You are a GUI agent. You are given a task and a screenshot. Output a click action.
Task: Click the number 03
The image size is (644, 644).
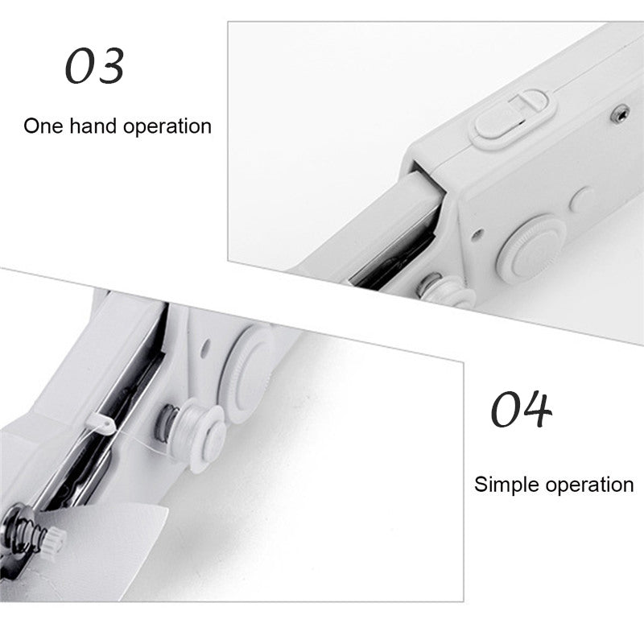click(94, 66)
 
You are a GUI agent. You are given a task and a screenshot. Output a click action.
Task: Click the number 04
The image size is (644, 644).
click(521, 408)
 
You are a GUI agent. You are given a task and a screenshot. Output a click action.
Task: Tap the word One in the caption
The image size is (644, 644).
click(43, 126)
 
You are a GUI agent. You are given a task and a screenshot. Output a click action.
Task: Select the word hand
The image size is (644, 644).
click(93, 126)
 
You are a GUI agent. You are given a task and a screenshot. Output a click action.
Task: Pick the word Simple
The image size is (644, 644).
click(507, 485)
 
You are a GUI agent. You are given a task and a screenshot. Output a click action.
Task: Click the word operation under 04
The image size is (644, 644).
click(590, 485)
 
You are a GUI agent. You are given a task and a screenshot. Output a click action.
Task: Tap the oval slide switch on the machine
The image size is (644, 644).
click(514, 118)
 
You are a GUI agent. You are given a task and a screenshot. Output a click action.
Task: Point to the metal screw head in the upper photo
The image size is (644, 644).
click(620, 113)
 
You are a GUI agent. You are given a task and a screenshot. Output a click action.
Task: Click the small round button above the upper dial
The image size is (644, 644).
click(581, 200)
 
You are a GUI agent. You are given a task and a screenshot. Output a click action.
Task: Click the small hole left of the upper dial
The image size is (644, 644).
click(477, 234)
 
